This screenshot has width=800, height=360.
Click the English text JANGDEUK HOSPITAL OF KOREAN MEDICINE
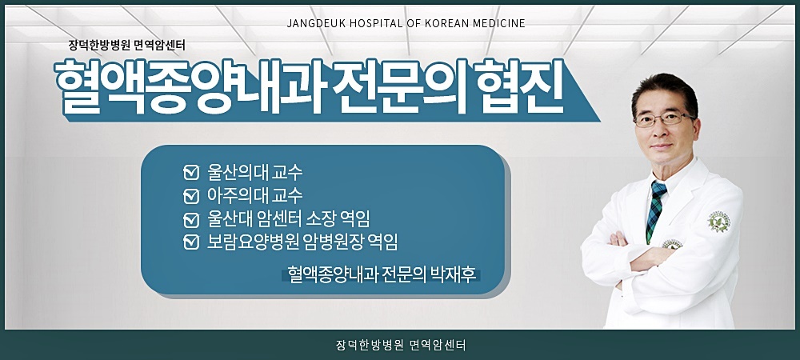[406, 23]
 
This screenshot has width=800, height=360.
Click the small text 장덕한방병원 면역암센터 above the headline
[126, 46]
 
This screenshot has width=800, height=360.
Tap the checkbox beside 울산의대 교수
[191, 172]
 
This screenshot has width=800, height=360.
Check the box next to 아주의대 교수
[191, 196]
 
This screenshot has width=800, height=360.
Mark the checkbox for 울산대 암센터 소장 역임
[191, 219]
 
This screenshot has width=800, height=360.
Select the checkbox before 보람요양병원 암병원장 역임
[191, 242]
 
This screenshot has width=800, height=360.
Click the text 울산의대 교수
[254, 172]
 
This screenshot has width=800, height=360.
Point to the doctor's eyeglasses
[663, 120]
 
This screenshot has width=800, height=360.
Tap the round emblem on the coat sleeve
[719, 222]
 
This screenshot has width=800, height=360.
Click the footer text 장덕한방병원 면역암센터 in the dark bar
[401, 346]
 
